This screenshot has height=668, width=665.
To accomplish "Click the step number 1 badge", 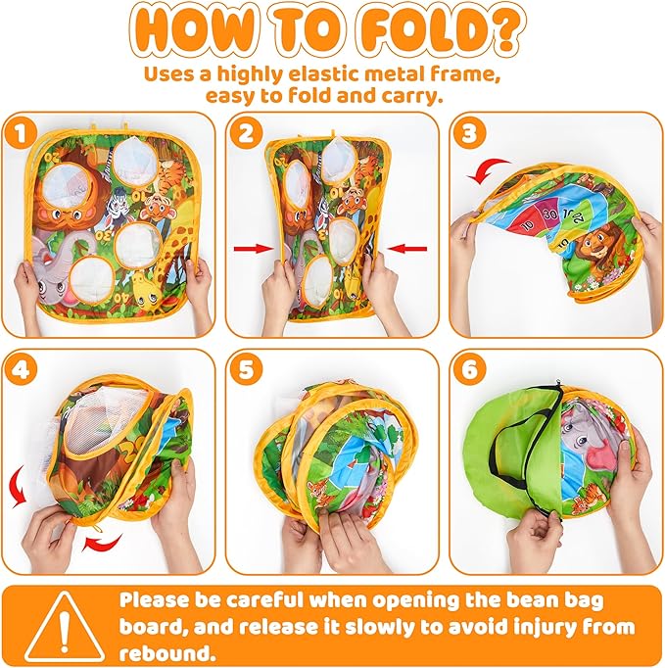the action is coord(21,133).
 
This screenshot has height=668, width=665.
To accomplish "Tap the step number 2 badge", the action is coord(246,133).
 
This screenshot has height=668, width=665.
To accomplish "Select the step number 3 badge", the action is coord(469,133).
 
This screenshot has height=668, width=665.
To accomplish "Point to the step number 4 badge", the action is coord(21,369).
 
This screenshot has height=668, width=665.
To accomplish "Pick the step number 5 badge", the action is coord(246,369).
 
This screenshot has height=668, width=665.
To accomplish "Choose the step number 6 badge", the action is coord(469,369).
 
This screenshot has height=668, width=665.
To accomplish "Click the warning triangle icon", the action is coord(64,626).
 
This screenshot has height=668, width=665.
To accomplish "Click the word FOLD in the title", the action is coord(422,31).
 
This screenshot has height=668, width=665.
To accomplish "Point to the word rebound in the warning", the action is coord(166,653).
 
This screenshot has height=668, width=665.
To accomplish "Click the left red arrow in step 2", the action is coord(253,249).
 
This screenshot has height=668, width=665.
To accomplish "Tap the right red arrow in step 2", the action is coord(407,249).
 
